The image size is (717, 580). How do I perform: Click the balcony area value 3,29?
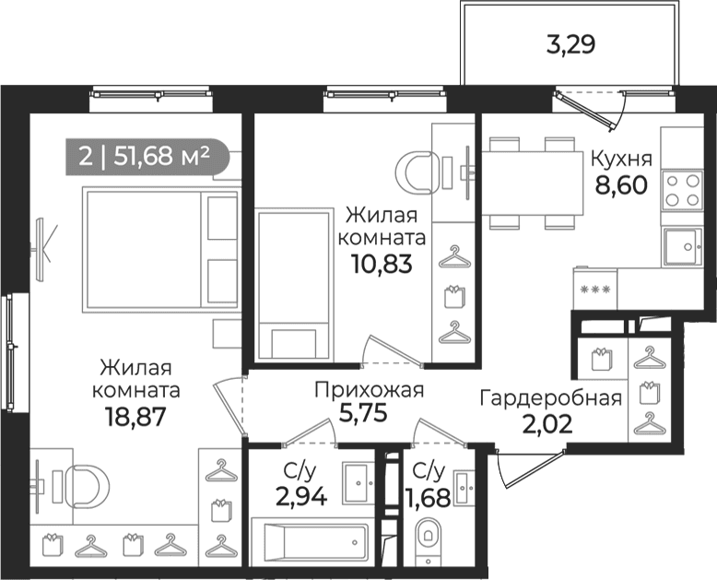click(x=570, y=45)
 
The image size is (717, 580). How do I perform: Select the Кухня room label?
click(x=621, y=159)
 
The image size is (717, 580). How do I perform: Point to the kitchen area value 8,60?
click(x=621, y=185)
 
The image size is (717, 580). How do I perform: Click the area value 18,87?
click(x=134, y=417)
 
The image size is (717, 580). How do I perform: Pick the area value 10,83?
click(x=382, y=264)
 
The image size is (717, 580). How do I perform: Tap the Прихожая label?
click(x=370, y=390)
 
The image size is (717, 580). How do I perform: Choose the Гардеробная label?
click(x=551, y=398)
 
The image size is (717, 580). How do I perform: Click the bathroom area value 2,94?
click(x=301, y=496)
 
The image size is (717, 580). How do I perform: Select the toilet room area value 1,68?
click(x=429, y=497)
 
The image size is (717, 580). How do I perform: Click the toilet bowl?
click(x=428, y=540)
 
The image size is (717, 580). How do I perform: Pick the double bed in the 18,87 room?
click(x=161, y=249)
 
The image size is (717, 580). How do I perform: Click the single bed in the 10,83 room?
click(x=293, y=284)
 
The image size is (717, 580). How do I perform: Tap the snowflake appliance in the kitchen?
click(x=595, y=290)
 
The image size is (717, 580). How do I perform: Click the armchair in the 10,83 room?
click(x=414, y=173)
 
